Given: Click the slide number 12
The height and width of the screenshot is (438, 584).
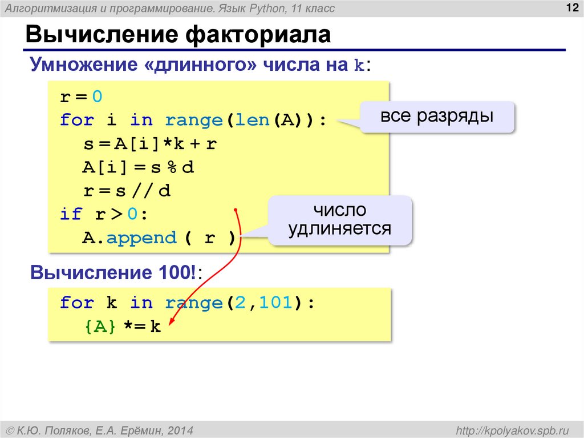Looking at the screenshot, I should [569, 7].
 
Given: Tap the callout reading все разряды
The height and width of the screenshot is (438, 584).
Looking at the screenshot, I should [437, 117].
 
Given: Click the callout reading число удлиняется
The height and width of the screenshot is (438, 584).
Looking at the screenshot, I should [340, 220].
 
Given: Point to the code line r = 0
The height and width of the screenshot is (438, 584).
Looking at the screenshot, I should [81, 97].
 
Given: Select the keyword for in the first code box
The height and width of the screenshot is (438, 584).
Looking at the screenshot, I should [76, 120].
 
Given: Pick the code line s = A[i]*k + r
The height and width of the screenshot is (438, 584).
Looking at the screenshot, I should [149, 144].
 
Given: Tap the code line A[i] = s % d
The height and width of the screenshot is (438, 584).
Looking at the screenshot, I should [139, 167].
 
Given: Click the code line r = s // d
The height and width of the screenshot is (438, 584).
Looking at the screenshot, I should [127, 191].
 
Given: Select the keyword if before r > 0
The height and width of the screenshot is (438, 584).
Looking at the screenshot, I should [71, 214].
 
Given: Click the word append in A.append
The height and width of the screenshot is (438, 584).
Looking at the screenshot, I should [141, 238].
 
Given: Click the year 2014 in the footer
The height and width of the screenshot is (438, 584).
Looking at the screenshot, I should [180, 429].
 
